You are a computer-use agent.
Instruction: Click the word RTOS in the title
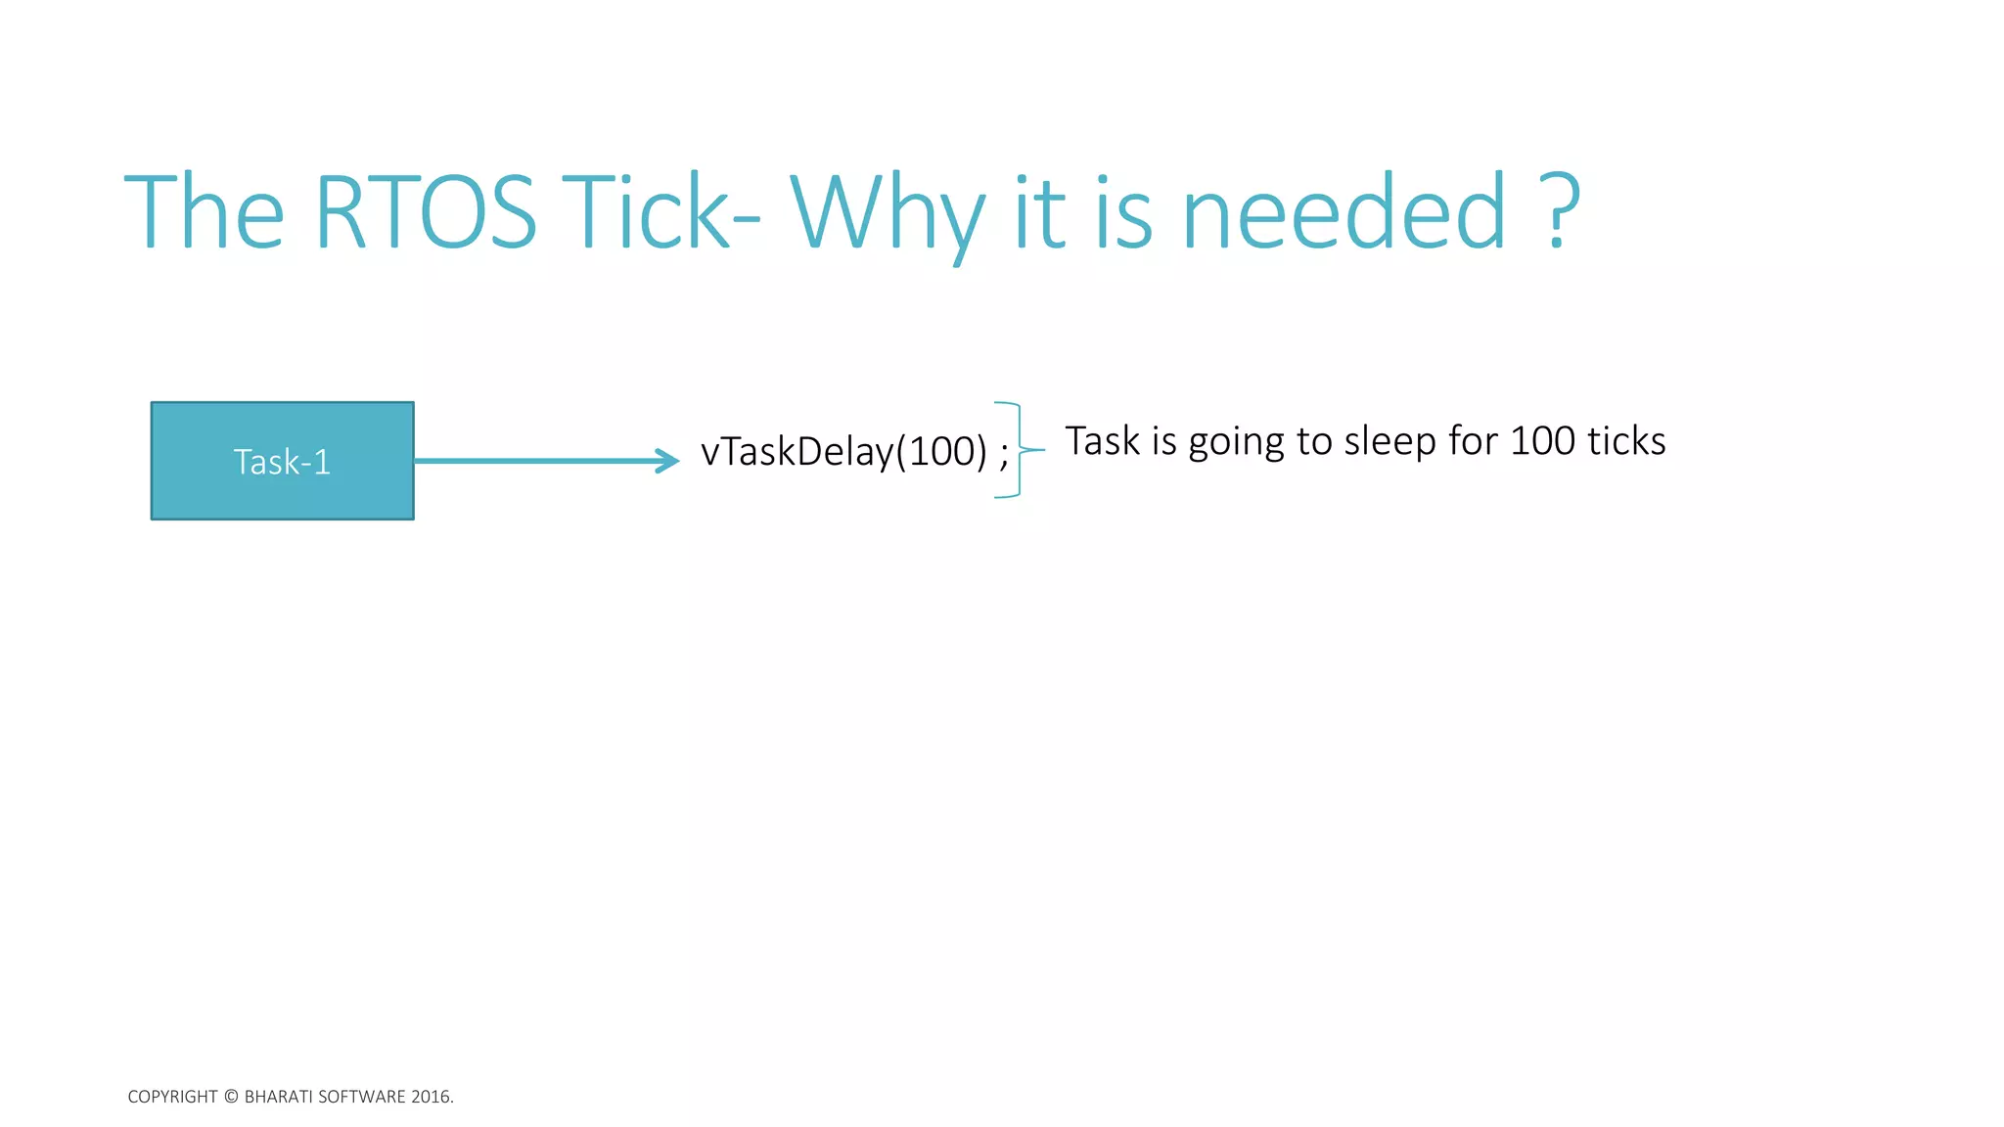(x=425, y=212)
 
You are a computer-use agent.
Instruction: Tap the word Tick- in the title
(x=665, y=212)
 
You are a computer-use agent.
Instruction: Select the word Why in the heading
(x=887, y=215)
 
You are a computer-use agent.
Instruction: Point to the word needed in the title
(x=1344, y=212)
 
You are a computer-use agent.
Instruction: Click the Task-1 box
(x=282, y=461)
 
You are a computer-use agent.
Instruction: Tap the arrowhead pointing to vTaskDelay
(x=668, y=461)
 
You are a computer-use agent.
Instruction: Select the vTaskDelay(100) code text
(x=843, y=452)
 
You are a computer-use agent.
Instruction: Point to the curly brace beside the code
(x=1019, y=450)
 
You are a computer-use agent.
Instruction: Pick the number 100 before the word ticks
(x=1542, y=441)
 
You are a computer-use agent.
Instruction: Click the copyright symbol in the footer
(x=231, y=1097)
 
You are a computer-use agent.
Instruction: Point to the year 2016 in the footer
(x=431, y=1097)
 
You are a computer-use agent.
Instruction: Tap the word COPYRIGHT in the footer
(x=172, y=1097)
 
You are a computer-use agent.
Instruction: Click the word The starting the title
(x=205, y=212)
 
